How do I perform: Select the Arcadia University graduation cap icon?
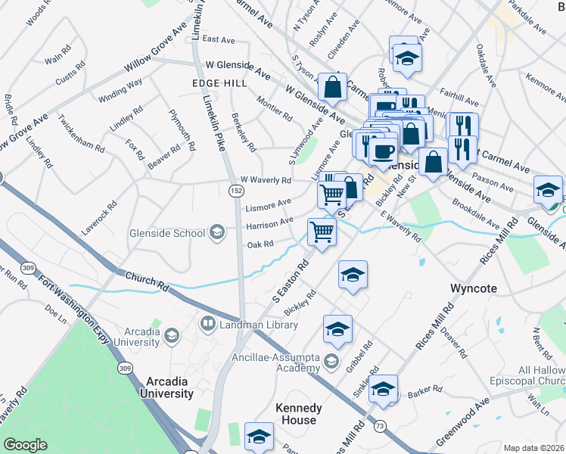click(172, 335)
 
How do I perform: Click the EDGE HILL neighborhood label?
click(216, 83)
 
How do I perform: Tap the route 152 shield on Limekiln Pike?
click(235, 192)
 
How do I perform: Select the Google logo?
click(26, 445)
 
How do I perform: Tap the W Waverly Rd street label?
click(265, 180)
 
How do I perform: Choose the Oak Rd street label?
click(259, 244)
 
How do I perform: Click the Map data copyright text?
click(533, 447)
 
